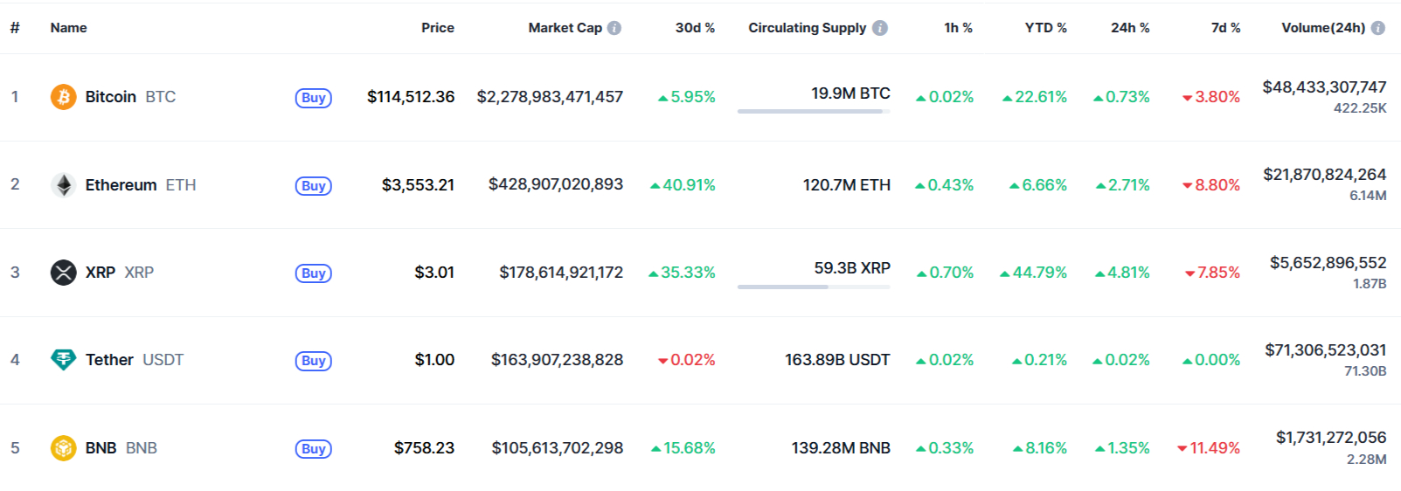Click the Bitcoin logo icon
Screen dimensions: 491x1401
click(63, 97)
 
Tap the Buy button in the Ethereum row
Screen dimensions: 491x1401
click(313, 186)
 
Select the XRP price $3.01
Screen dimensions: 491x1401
click(434, 273)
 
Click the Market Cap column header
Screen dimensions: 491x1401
click(565, 28)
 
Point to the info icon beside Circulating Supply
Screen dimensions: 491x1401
click(880, 28)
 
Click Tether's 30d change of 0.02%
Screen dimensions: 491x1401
click(687, 360)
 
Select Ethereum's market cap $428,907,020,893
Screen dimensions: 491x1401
click(555, 184)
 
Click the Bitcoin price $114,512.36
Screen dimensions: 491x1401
click(410, 97)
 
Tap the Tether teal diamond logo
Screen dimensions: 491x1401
click(63, 360)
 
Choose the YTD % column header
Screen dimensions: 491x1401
click(1045, 28)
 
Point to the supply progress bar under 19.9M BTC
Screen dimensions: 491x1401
click(813, 111)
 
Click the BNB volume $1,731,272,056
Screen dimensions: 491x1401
click(1330, 438)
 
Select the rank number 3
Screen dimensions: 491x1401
click(15, 273)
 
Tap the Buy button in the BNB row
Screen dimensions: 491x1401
click(313, 449)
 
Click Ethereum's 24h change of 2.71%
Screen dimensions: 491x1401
click(1123, 185)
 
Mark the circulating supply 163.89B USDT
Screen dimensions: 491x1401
click(836, 360)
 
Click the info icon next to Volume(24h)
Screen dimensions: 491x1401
click(1378, 28)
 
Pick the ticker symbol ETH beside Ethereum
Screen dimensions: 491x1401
click(181, 185)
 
